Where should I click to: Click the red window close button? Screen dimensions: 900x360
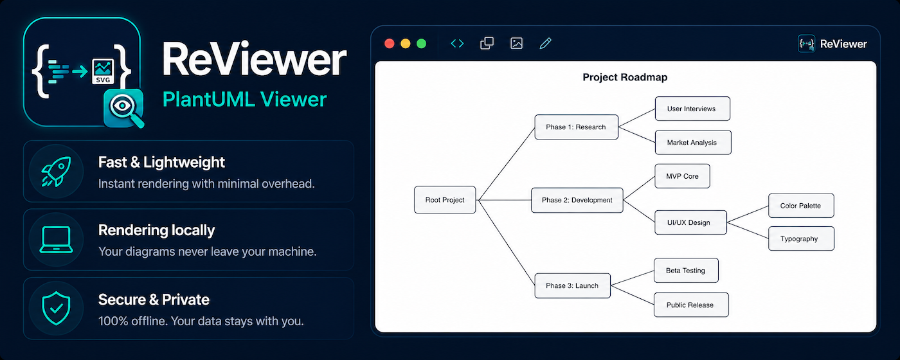pyautogui.click(x=390, y=44)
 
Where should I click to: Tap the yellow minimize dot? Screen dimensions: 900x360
pyautogui.click(x=406, y=44)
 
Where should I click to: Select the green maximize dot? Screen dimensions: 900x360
pyautogui.click(x=422, y=44)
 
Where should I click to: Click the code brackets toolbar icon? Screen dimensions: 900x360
pyautogui.click(x=457, y=44)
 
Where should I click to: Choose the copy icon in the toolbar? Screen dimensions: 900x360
pyautogui.click(x=487, y=43)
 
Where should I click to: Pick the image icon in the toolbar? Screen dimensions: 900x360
pyautogui.click(x=516, y=43)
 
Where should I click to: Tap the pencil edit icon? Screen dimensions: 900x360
pyautogui.click(x=545, y=43)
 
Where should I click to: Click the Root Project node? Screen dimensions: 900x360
pyautogui.click(x=445, y=200)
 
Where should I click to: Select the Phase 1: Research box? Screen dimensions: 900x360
pyautogui.click(x=576, y=127)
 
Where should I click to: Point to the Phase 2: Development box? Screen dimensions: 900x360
pyautogui.click(x=577, y=200)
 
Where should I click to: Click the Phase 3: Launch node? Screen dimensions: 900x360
pyautogui.click(x=572, y=285)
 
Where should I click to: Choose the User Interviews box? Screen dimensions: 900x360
pyautogui.click(x=692, y=109)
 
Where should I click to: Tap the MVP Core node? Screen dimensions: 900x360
pyautogui.click(x=682, y=176)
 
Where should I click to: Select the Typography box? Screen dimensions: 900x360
pyautogui.click(x=801, y=239)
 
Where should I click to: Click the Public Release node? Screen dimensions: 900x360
pyautogui.click(x=691, y=305)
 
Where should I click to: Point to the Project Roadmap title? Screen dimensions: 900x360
pyautogui.click(x=625, y=77)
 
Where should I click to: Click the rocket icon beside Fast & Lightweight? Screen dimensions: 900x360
pyautogui.click(x=57, y=171)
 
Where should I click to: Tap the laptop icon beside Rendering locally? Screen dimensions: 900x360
pyautogui.click(x=57, y=240)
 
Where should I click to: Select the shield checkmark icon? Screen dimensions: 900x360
pyautogui.click(x=57, y=308)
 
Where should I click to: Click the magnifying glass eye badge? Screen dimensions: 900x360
pyautogui.click(x=124, y=108)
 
